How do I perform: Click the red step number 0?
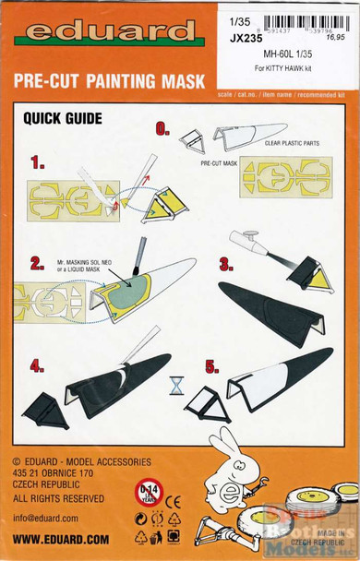163,130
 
